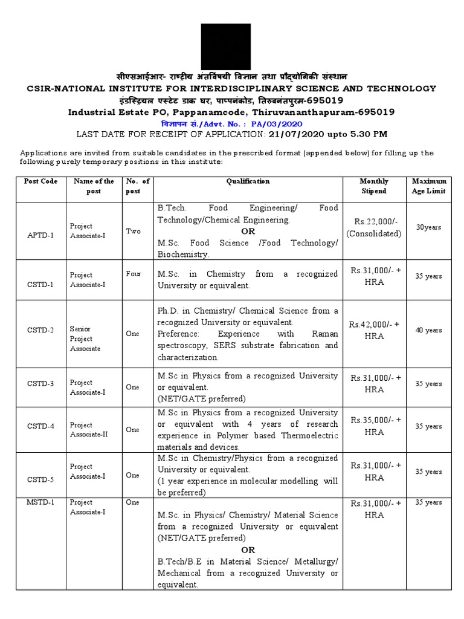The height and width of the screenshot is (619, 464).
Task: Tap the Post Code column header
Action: [x=40, y=181]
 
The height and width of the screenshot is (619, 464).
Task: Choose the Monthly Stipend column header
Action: [x=374, y=186]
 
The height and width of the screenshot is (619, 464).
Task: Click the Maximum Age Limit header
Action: [x=429, y=186]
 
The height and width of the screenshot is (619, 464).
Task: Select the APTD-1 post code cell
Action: [x=40, y=235]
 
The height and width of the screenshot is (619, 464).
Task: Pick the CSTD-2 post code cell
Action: [x=40, y=330]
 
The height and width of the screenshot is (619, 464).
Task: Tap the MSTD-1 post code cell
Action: [x=40, y=502]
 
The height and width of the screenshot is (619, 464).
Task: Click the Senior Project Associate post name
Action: [x=85, y=339]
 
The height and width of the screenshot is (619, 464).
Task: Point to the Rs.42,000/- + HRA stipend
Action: [x=374, y=330]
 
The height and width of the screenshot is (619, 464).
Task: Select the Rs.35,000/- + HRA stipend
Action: [x=374, y=426]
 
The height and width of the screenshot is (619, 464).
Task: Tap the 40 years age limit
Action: [x=428, y=330]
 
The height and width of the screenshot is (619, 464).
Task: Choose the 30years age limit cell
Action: [x=428, y=227]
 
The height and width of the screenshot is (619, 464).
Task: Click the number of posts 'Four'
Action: [x=133, y=274]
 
